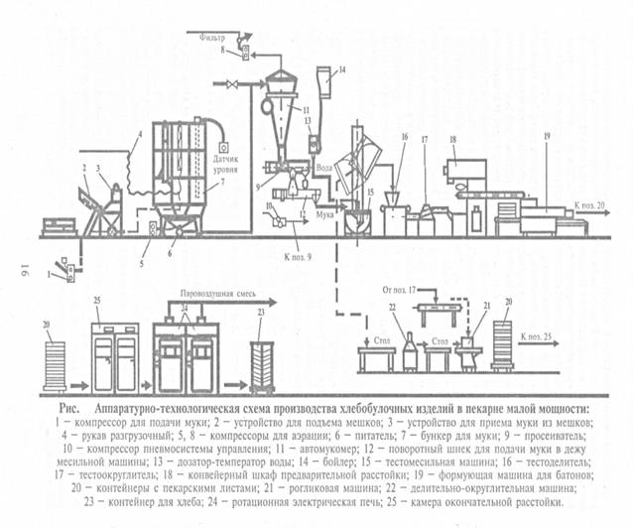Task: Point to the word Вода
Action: click(325, 168)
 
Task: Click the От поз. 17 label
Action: click(397, 291)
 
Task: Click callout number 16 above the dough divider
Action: click(403, 136)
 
